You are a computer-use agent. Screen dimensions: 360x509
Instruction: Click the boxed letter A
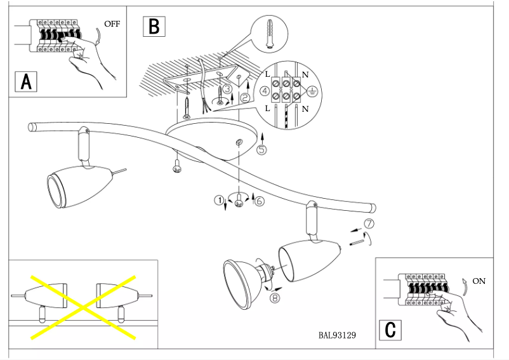pyautogui.click(x=26, y=81)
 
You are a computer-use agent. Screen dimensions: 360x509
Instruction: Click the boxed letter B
pyautogui.click(x=154, y=25)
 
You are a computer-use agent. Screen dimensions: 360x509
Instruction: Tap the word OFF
pyautogui.click(x=112, y=24)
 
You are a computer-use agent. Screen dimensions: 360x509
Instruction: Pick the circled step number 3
pyautogui.click(x=226, y=89)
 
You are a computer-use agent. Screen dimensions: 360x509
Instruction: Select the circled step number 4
pyautogui.click(x=265, y=91)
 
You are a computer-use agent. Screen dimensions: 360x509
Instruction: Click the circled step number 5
pyautogui.click(x=261, y=150)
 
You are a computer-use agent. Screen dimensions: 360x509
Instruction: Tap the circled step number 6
pyautogui.click(x=259, y=201)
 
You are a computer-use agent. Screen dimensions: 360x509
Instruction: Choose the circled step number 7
pyautogui.click(x=369, y=223)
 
